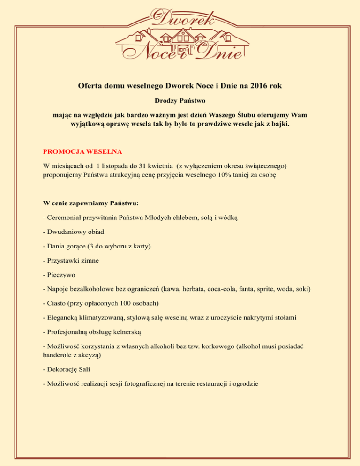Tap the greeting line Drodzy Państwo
point(180,101)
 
